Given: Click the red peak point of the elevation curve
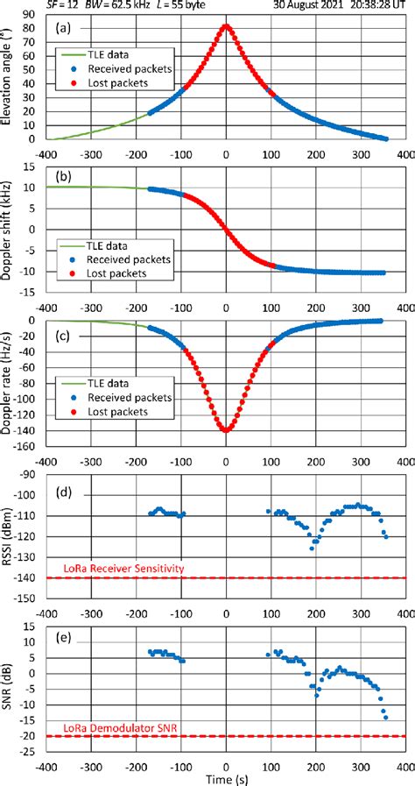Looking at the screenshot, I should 226,26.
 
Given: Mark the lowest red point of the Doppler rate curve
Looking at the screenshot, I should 226,430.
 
